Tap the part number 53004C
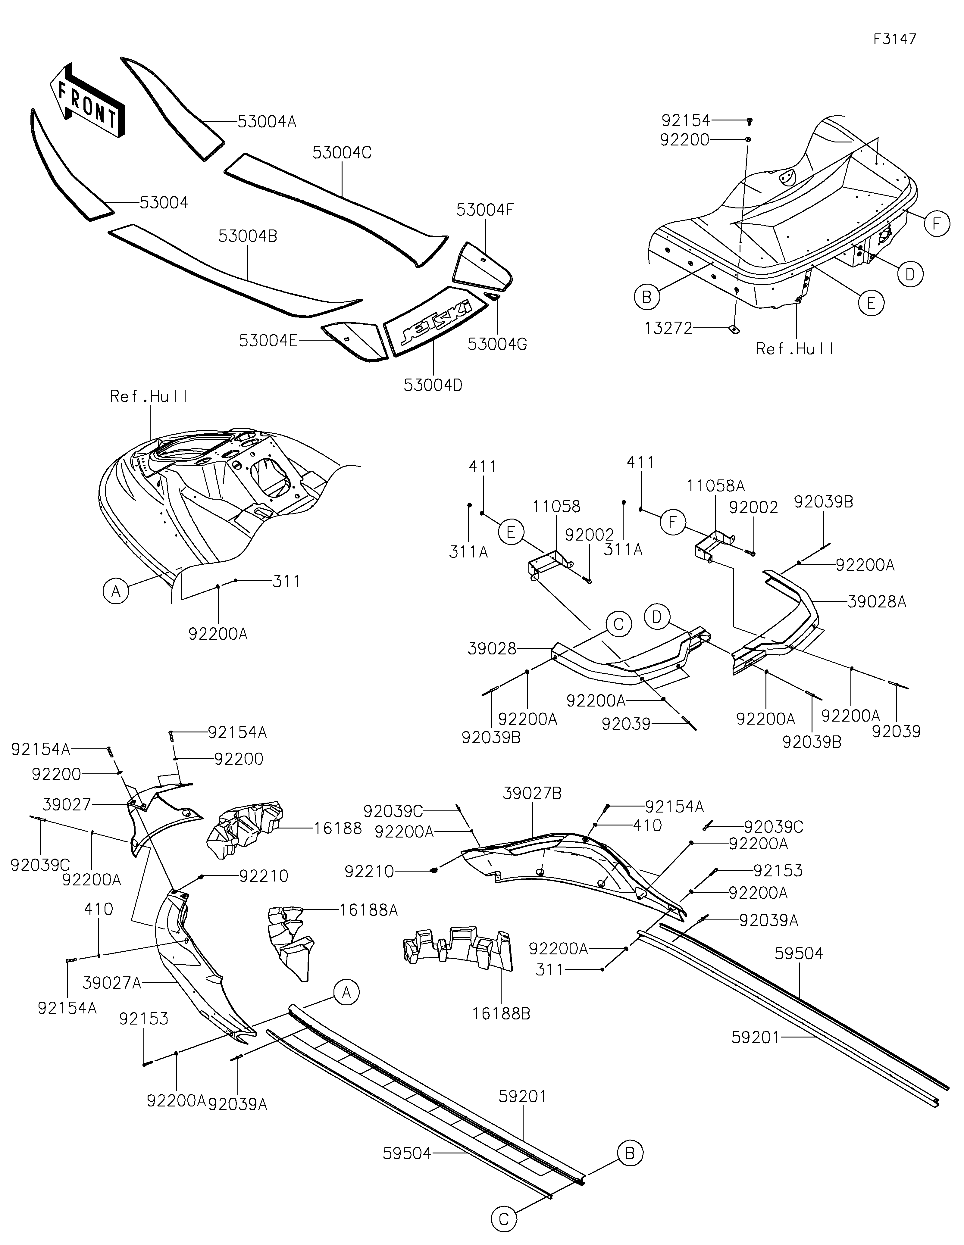342,153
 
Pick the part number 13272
668,328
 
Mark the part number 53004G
497,344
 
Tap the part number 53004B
247,236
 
